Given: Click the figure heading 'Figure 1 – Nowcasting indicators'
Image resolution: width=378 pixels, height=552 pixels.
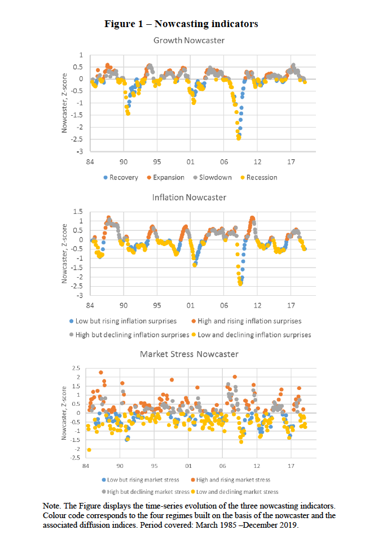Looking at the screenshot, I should pyautogui.click(x=181, y=24).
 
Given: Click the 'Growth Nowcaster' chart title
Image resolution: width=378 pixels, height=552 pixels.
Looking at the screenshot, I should pyautogui.click(x=188, y=41).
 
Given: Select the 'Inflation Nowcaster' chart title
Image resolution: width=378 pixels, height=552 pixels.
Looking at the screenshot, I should pyautogui.click(x=188, y=197).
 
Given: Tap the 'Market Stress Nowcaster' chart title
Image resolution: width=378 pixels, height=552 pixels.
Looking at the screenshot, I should pyautogui.click(x=188, y=354).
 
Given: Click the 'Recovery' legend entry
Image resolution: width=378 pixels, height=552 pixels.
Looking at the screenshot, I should pyautogui.click(x=125, y=177).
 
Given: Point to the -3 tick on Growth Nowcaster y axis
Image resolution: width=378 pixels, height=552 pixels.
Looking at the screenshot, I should pyautogui.click(x=80, y=152).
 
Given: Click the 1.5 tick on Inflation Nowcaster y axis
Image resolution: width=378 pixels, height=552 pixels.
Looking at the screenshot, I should pyautogui.click(x=78, y=212).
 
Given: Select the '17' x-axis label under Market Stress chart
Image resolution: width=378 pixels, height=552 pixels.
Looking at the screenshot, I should pyautogui.click(x=291, y=466).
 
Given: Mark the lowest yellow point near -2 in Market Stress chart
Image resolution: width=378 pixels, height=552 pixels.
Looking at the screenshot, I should pyautogui.click(x=89, y=450).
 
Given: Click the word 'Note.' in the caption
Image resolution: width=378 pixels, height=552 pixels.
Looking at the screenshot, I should pyautogui.click(x=53, y=505).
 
